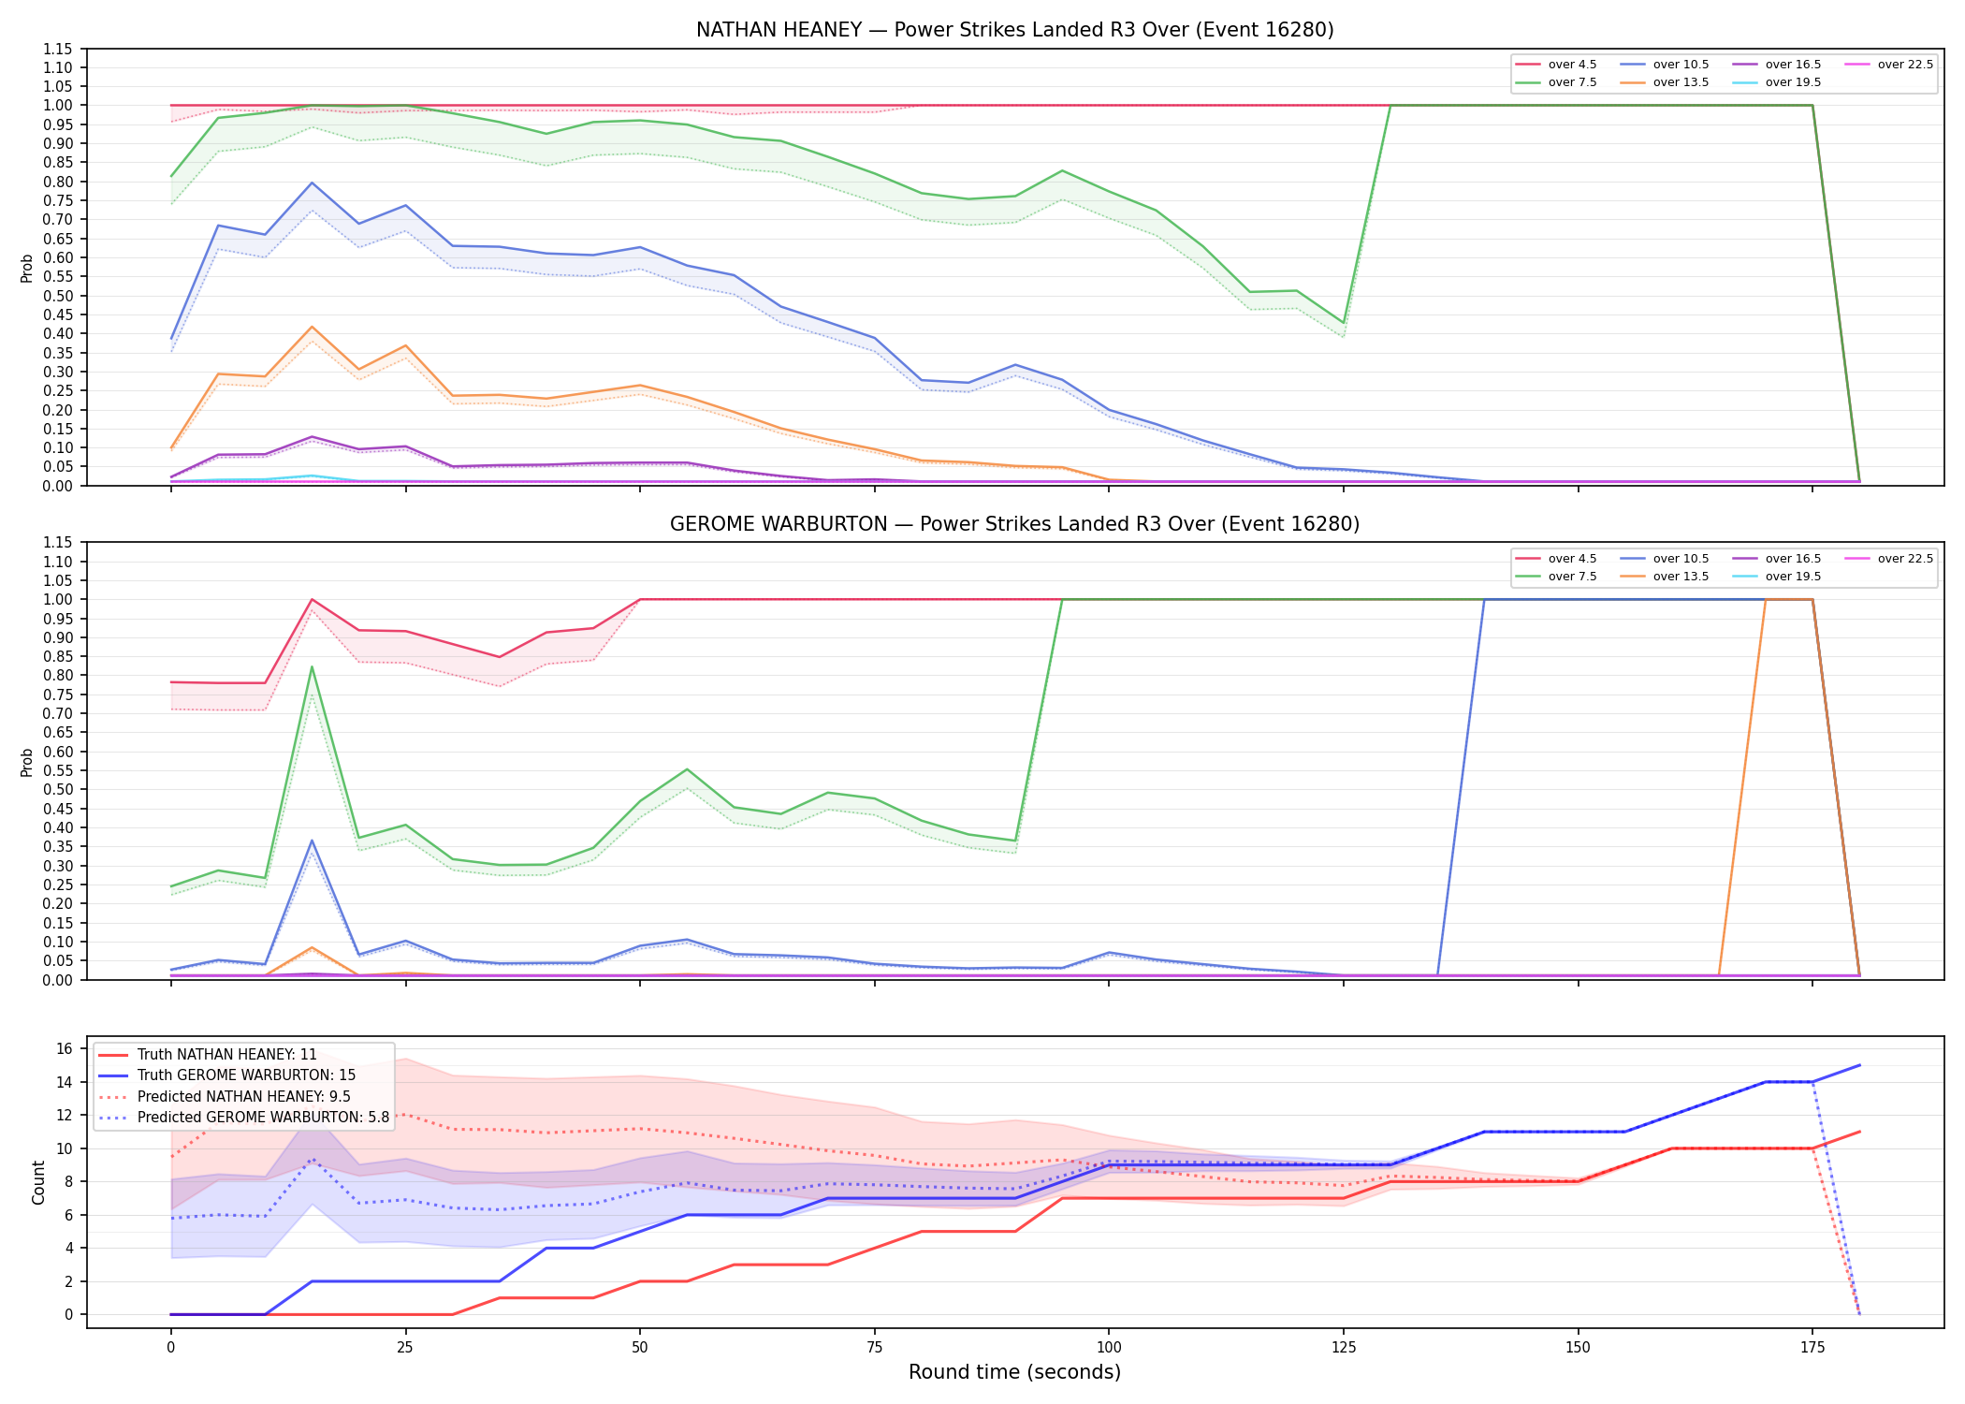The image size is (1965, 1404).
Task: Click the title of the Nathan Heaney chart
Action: click(1014, 30)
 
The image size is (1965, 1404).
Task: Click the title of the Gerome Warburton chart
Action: click(1014, 524)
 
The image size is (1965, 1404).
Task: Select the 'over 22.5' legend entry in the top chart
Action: click(1888, 65)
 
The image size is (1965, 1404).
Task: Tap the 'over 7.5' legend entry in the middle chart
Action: click(1556, 577)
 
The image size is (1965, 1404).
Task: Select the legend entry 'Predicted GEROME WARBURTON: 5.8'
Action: click(243, 1117)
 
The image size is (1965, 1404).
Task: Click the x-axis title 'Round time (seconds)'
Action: click(1014, 1372)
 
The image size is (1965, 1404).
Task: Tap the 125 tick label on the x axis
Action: click(1344, 1348)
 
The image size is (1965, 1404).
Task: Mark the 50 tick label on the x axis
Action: click(640, 1348)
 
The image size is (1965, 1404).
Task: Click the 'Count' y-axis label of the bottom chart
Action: click(38, 1182)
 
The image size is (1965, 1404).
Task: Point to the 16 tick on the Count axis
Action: click(65, 1048)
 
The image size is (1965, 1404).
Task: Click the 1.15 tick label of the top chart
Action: click(58, 49)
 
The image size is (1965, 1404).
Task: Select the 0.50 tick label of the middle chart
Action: click(58, 789)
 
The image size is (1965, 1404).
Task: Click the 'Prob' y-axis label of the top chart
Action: click(27, 268)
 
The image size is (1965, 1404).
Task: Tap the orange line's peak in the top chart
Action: click(312, 327)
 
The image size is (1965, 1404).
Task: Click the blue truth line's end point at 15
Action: click(1859, 1065)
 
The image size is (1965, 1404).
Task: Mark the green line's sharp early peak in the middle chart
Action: click(312, 666)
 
